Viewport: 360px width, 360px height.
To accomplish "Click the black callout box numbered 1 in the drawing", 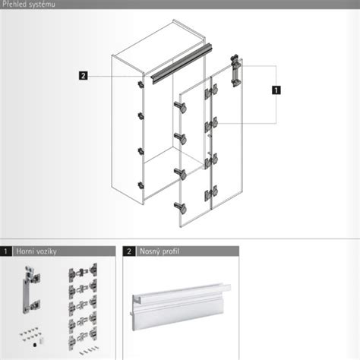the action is point(276,90).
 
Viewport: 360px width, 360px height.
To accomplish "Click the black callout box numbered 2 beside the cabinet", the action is point(84,76).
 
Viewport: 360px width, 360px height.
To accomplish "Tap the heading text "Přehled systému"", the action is point(28,5).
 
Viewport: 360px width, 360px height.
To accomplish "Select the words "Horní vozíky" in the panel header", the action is point(36,251).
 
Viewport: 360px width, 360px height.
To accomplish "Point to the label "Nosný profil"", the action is point(159,251).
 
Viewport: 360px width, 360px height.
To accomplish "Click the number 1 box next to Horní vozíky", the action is point(5,251).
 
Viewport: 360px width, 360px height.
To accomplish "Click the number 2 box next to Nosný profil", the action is point(129,251).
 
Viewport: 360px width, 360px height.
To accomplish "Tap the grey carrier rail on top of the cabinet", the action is point(182,63).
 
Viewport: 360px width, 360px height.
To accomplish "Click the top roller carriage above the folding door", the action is point(236,71).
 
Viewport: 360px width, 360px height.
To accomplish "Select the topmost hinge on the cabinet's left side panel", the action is point(141,84).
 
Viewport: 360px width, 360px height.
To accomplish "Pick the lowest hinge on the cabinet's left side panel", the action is point(141,185).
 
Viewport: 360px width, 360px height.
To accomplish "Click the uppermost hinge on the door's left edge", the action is point(181,106).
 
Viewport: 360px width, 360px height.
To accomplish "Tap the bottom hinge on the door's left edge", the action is point(181,207).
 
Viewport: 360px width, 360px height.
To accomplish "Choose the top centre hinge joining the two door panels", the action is point(211,91).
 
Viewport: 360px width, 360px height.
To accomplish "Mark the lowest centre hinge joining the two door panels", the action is point(211,194).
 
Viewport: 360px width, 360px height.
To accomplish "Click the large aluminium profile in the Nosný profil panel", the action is point(181,306).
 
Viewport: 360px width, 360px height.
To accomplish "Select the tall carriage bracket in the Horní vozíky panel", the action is point(32,289).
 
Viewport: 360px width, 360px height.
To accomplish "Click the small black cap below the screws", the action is point(35,345).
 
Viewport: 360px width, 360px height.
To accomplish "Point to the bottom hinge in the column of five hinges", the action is point(83,337).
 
